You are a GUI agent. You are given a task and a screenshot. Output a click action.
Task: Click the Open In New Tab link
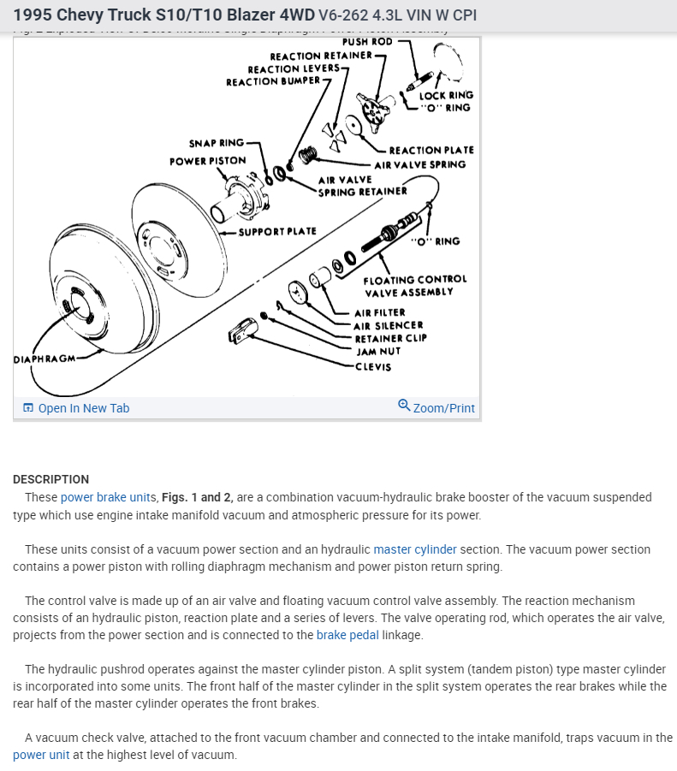pyautogui.click(x=83, y=408)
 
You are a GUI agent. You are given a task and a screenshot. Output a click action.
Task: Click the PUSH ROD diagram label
pyautogui.click(x=367, y=41)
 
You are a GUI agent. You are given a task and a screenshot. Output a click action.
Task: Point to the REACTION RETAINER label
pyautogui.click(x=321, y=56)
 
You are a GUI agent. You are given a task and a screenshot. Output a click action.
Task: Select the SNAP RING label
pyautogui.click(x=216, y=143)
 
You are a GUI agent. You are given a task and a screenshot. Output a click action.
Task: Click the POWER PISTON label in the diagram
pyautogui.click(x=207, y=160)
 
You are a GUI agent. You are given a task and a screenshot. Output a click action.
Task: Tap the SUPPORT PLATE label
pyautogui.click(x=276, y=231)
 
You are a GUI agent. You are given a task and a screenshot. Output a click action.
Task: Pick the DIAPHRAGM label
pyautogui.click(x=45, y=359)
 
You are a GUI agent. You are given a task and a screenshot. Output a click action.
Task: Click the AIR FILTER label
pyautogui.click(x=380, y=313)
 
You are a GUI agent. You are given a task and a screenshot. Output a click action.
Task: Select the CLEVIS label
pyautogui.click(x=373, y=367)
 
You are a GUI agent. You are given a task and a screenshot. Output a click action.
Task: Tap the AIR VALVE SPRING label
pyautogui.click(x=419, y=164)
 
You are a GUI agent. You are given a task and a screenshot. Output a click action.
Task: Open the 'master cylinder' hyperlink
pyautogui.click(x=415, y=549)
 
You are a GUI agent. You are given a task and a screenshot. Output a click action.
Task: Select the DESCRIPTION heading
pyautogui.click(x=50, y=479)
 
